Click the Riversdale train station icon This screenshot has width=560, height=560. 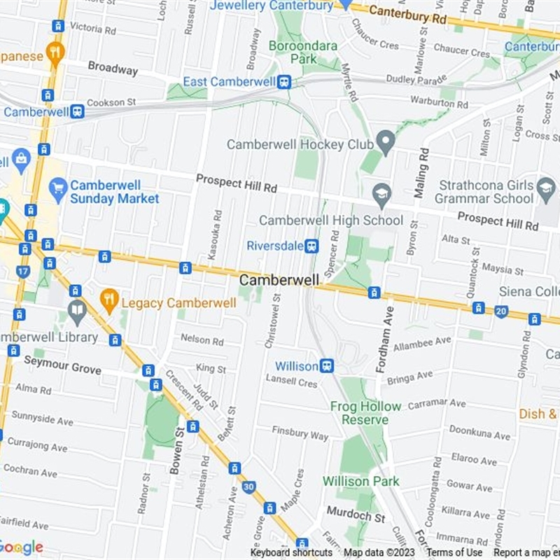(312, 246)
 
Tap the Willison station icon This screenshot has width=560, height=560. (325, 366)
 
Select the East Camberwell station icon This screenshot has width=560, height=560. (283, 82)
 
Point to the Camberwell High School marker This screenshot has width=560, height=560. (381, 195)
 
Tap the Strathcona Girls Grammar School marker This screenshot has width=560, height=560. (546, 187)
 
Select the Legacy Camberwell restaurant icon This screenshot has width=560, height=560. (108, 302)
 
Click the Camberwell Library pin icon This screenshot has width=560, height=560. (77, 310)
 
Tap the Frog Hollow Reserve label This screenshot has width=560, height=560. (365, 413)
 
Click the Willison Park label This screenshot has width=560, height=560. (360, 482)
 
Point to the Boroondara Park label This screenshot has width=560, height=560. (303, 52)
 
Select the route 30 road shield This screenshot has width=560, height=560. (248, 487)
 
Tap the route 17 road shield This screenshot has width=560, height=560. (23, 272)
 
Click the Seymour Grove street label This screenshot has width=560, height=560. (62, 365)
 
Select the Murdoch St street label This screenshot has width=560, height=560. (356, 517)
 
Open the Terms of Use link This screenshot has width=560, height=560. (454, 553)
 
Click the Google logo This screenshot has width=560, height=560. (21, 547)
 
